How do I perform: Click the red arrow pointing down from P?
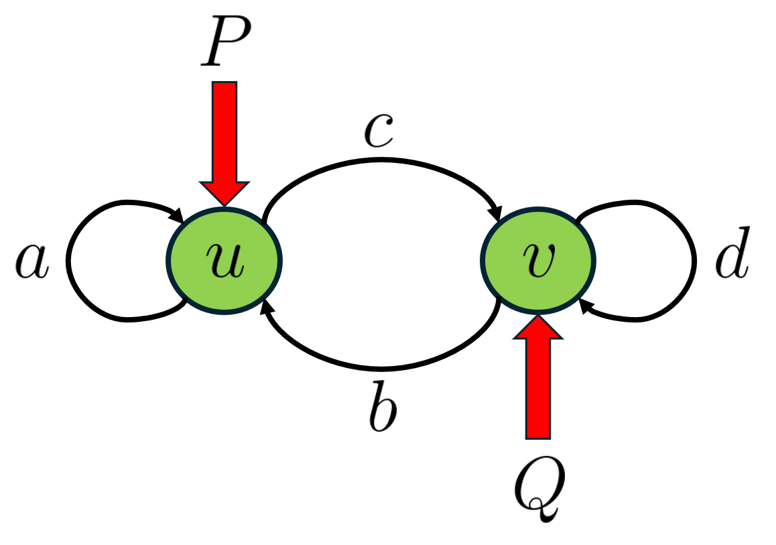pyautogui.click(x=224, y=134)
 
